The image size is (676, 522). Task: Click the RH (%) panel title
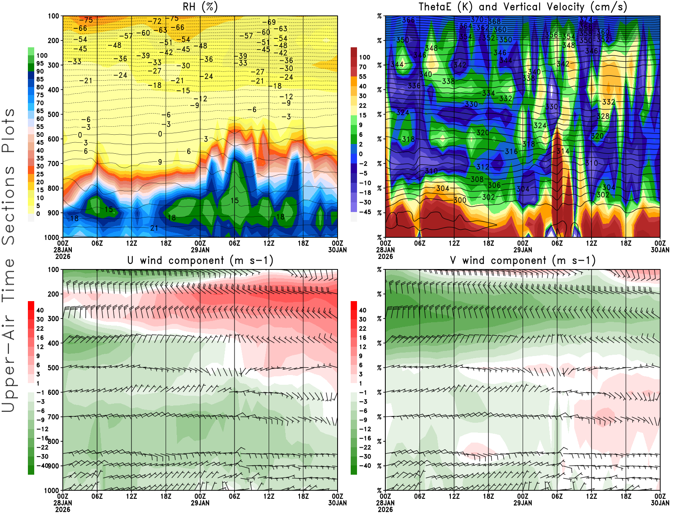[x=200, y=7]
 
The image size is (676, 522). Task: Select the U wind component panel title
[x=200, y=260]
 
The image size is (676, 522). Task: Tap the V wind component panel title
[x=523, y=260]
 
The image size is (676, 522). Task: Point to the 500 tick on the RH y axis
[x=53, y=114]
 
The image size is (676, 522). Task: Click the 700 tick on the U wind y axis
[x=53, y=417]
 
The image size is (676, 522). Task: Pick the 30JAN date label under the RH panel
[x=337, y=250]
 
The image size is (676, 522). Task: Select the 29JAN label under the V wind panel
[x=523, y=503]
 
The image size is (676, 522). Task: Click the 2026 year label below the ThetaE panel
[x=385, y=256]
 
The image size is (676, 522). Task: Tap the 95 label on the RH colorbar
[x=40, y=63]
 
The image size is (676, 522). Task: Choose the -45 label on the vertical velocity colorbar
[x=365, y=212]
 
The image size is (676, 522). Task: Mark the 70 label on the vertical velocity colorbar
[x=363, y=67]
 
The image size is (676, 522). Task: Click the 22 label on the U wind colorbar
[x=40, y=329]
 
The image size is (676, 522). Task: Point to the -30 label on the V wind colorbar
[x=363, y=457]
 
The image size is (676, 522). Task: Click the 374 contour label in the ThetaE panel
[x=586, y=20]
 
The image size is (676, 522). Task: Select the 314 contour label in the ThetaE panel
[x=563, y=151]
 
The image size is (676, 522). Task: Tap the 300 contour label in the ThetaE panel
[x=460, y=200]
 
